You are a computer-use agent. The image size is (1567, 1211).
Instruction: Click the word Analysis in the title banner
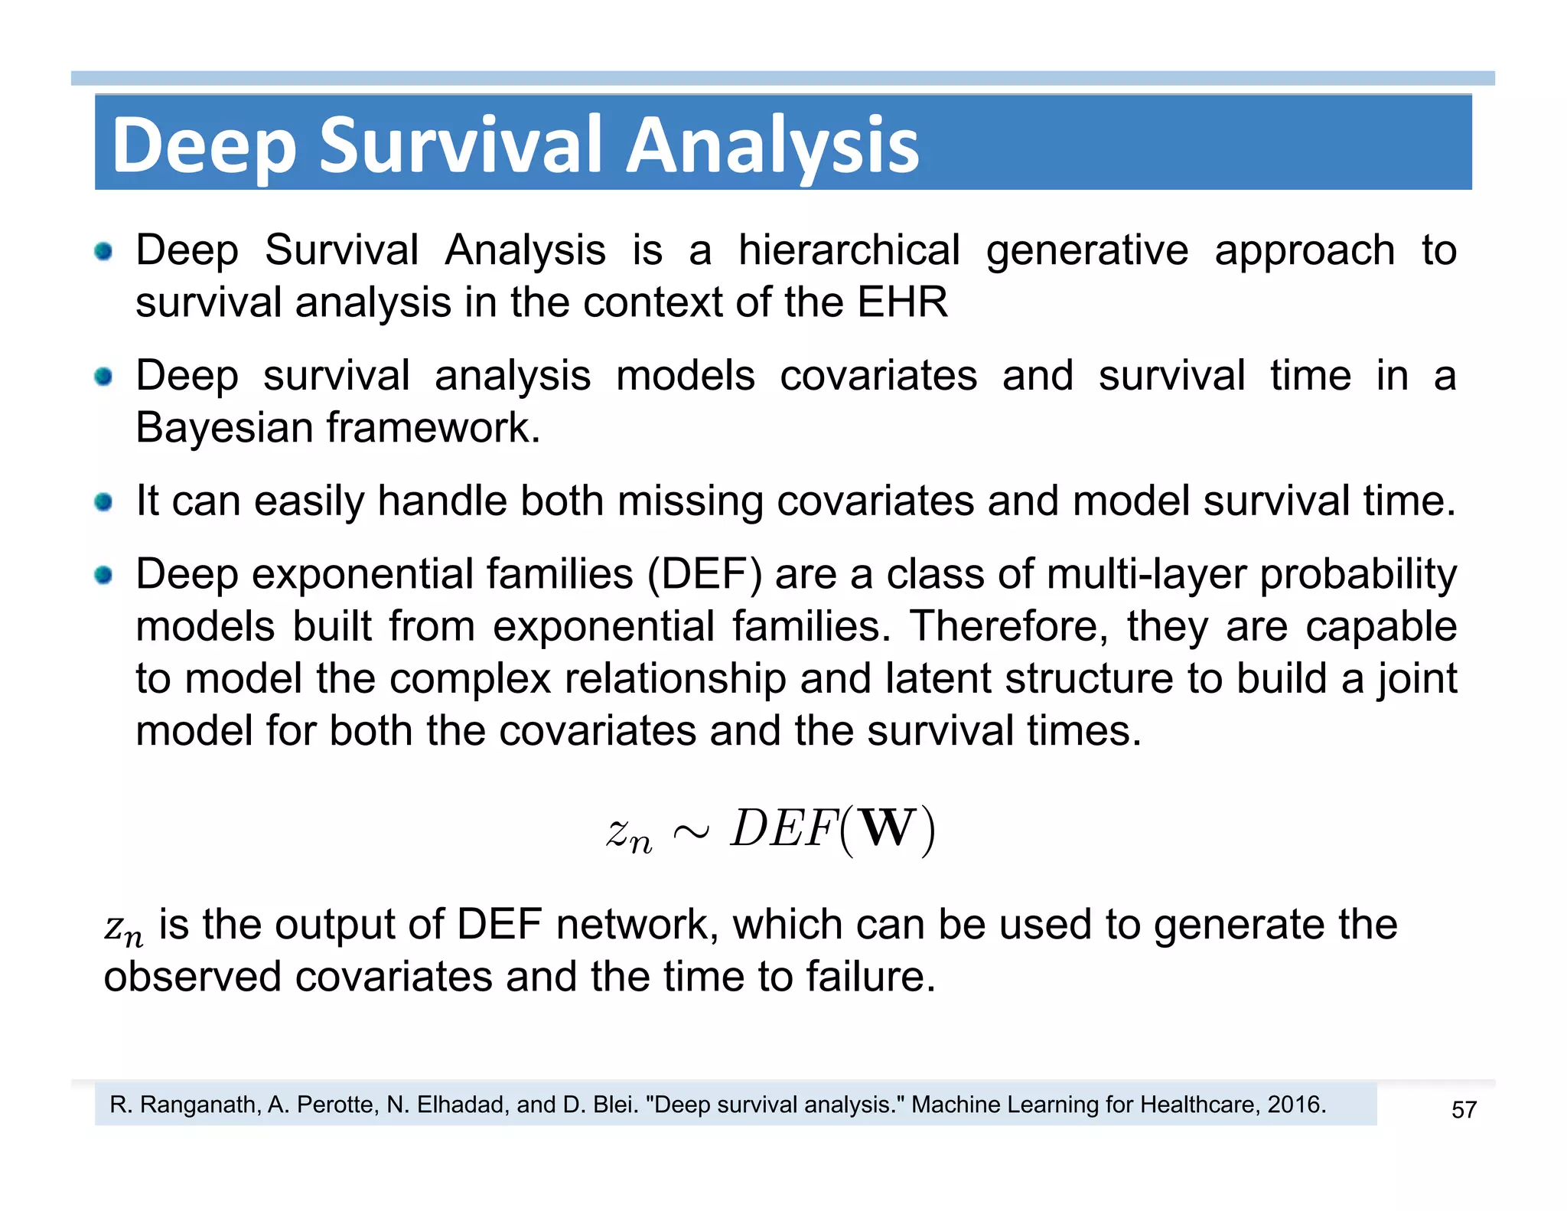click(x=773, y=145)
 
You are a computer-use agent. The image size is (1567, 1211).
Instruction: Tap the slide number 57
click(x=1463, y=1109)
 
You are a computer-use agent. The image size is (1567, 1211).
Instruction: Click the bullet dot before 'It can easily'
click(x=103, y=502)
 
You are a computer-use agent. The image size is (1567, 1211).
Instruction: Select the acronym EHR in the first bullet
click(x=902, y=302)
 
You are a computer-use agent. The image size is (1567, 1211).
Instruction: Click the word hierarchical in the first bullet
click(x=849, y=250)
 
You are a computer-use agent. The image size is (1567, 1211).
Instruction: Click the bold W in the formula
click(x=887, y=829)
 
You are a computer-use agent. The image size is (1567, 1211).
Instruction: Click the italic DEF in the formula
click(x=782, y=829)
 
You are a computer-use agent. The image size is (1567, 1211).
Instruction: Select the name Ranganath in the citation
click(x=200, y=1105)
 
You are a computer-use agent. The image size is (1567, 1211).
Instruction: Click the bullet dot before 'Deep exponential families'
click(x=103, y=575)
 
